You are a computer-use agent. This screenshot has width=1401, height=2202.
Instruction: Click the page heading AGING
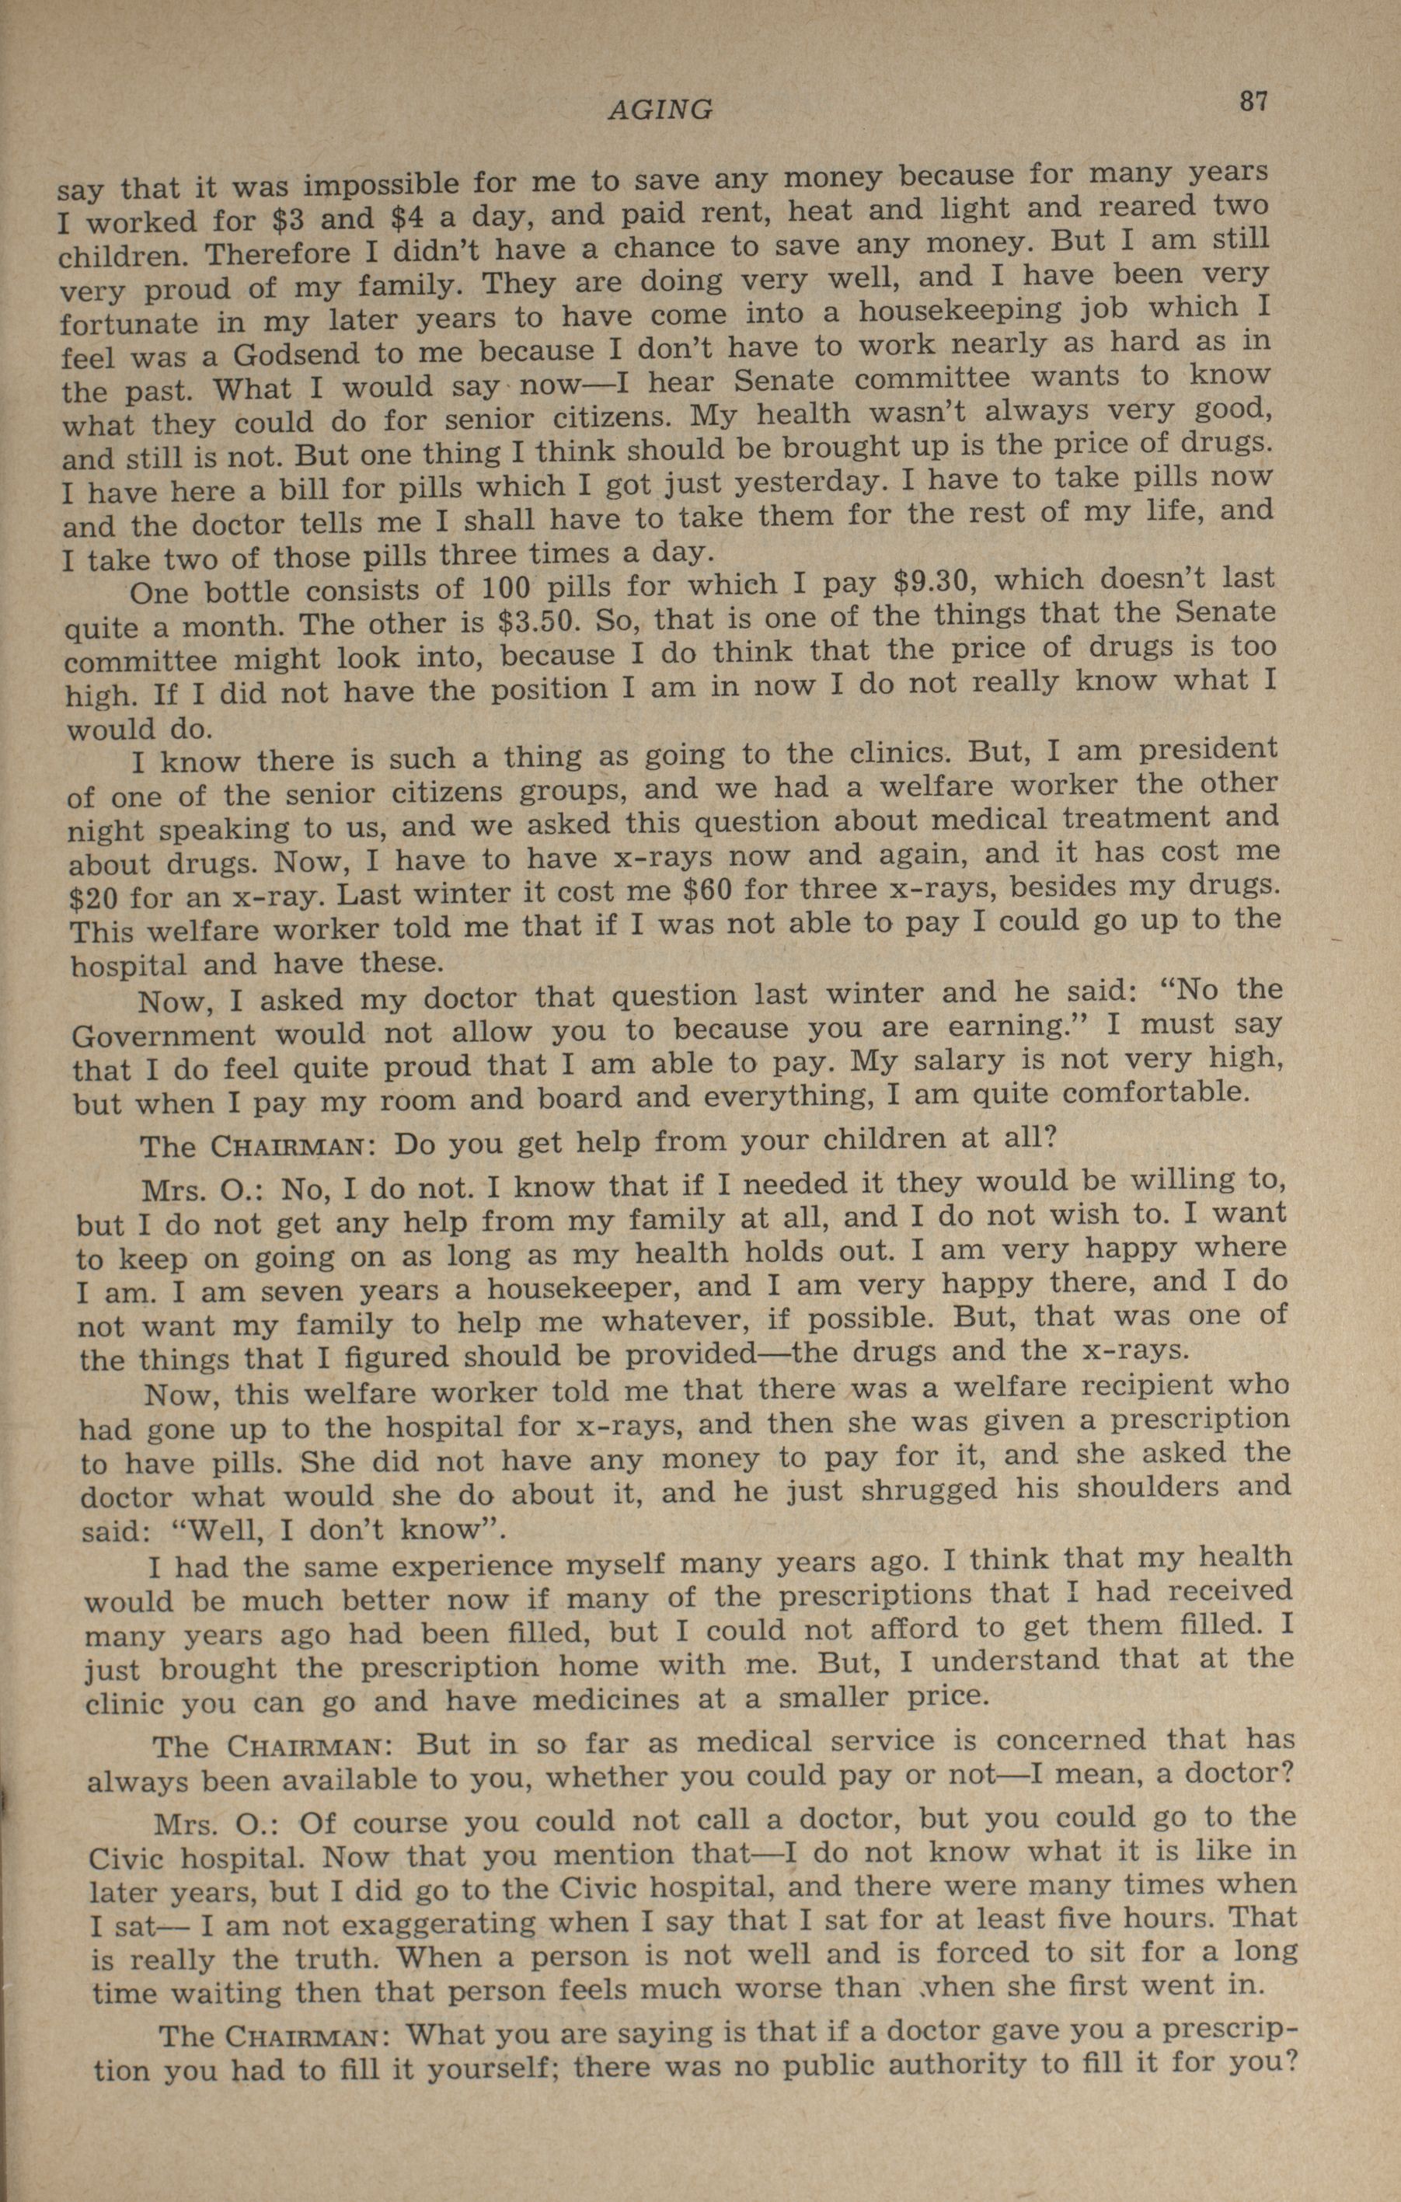pos(660,110)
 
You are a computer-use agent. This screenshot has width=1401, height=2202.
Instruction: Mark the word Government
pos(162,1035)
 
